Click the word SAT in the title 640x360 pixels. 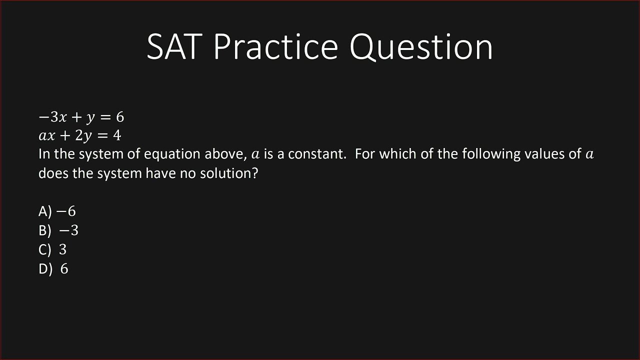pos(175,46)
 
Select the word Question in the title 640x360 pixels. pos(421,47)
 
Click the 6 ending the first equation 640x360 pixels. pos(119,117)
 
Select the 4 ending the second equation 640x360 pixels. pos(117,135)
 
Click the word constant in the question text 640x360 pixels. pos(317,154)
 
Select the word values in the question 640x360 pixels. pos(546,154)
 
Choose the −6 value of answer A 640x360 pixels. pos(66,211)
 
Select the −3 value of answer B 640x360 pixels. pos(68,230)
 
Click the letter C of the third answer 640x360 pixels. pos(43,249)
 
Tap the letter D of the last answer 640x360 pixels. pos(43,269)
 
